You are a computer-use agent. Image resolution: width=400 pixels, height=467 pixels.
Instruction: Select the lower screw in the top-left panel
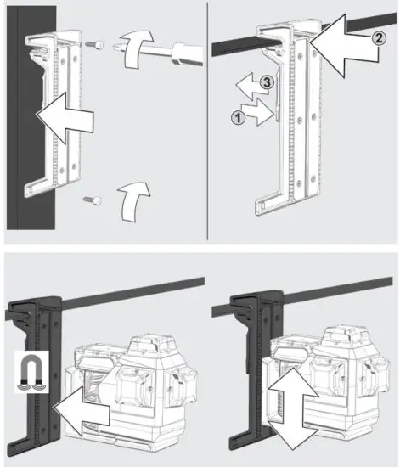(x=92, y=200)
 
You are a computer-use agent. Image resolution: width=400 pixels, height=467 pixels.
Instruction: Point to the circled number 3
(x=266, y=82)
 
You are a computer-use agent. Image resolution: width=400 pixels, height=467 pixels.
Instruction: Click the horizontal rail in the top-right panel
(x=246, y=42)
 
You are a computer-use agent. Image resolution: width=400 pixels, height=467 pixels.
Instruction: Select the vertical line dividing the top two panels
(x=209, y=119)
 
